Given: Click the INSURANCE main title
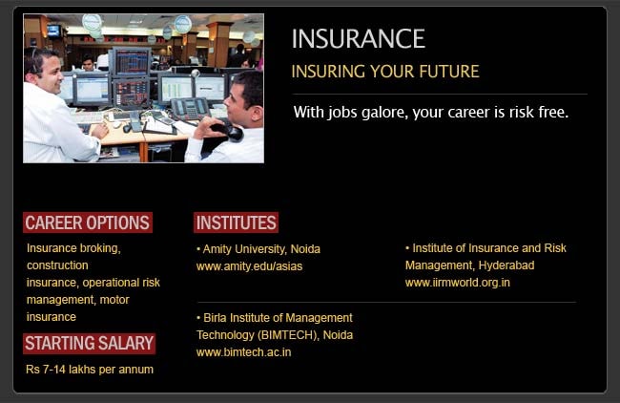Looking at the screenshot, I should (358, 39).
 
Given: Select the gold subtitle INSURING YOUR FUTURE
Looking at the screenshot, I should (384, 72).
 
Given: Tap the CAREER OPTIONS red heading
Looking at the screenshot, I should (88, 223).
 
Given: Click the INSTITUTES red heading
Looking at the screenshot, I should (236, 223).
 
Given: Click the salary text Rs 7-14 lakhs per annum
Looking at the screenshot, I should (90, 369).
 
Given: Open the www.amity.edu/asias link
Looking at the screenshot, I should (249, 266).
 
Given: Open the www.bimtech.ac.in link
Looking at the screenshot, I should (243, 352).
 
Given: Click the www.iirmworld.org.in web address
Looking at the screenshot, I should (458, 283).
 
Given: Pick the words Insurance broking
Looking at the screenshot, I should (73, 248).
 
